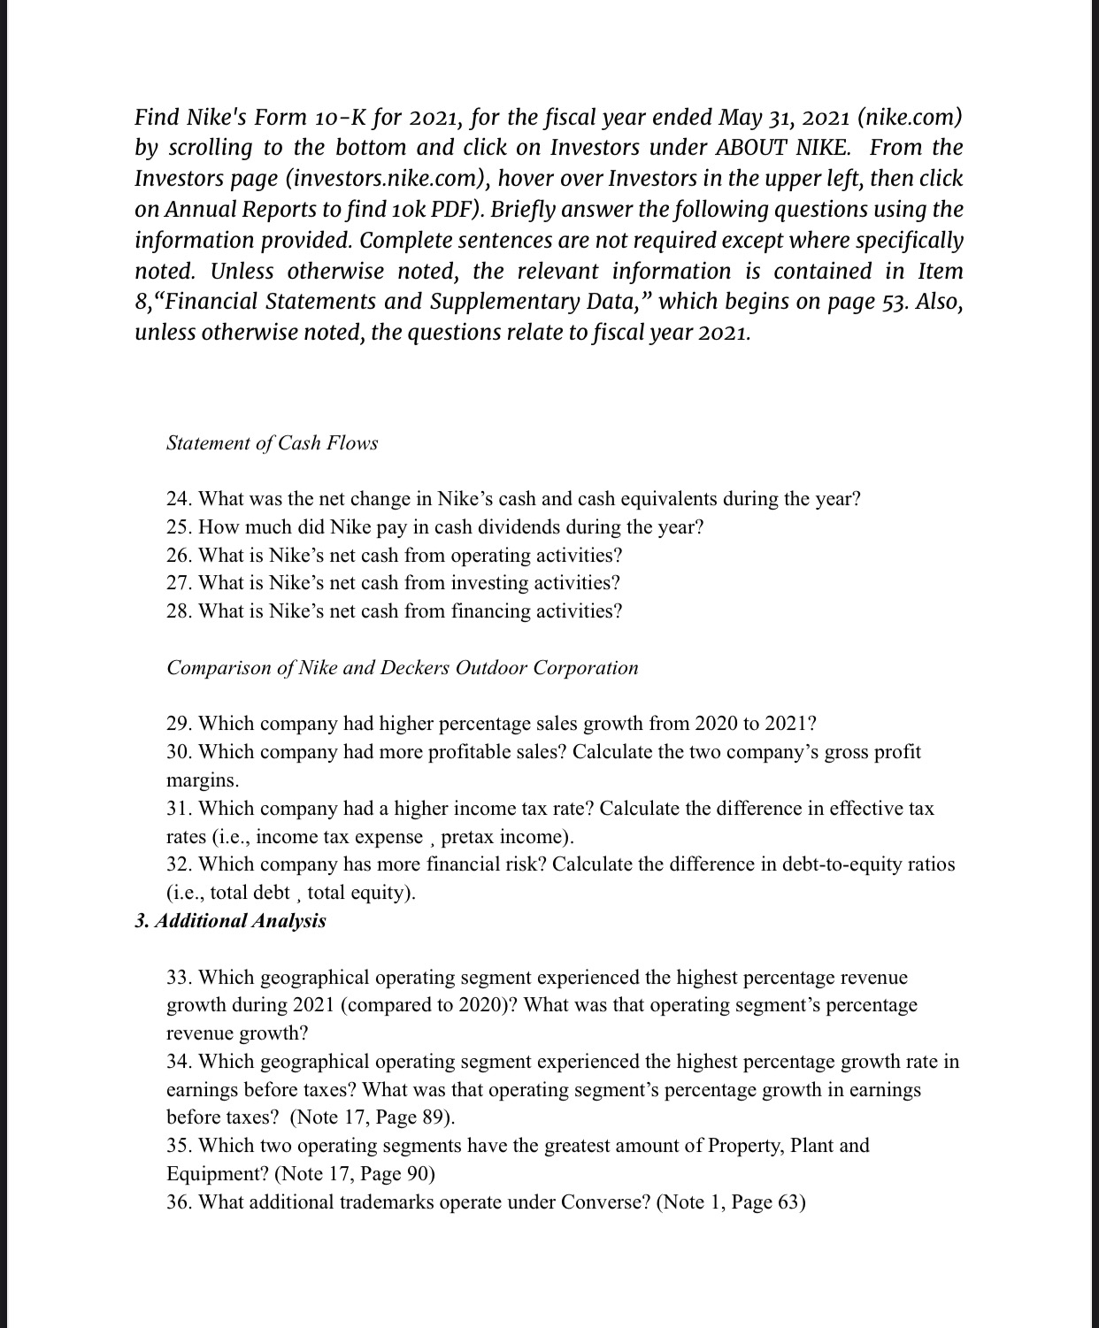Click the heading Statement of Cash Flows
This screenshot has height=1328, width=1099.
coord(272,443)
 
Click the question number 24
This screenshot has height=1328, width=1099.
coord(180,499)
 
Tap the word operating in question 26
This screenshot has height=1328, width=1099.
coord(492,556)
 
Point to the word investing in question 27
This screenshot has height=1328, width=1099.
coord(491,583)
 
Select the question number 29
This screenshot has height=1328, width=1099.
coord(180,724)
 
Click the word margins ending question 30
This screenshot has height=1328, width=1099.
coord(201,780)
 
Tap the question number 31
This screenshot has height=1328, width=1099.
coord(180,809)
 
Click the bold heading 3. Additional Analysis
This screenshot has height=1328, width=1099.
coord(230,921)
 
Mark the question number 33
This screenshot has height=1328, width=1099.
coord(180,978)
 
